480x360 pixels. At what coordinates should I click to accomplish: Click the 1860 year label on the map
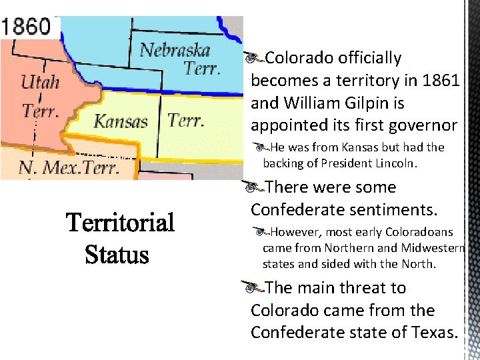[x=27, y=27]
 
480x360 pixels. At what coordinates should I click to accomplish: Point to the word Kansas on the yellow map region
[x=121, y=121]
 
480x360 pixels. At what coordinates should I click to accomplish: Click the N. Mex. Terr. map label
[x=69, y=166]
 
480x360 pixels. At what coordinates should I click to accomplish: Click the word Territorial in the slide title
[x=121, y=222]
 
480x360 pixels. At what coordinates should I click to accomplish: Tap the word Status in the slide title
[x=117, y=255]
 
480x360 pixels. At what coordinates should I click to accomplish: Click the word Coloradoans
[x=417, y=233]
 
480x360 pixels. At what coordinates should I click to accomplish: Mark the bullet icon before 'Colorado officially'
[x=251, y=59]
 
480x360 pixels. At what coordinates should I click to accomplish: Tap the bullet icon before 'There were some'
[x=251, y=188]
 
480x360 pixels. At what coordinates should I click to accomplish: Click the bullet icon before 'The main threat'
[x=251, y=289]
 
